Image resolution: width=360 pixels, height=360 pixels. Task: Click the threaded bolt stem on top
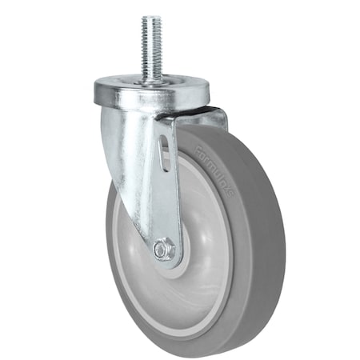(x=150, y=44)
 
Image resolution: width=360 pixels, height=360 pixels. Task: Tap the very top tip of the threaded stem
(x=150, y=17)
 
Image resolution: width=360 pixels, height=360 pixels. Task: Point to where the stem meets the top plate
(x=150, y=79)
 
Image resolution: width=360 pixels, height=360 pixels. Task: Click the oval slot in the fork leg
(x=164, y=151)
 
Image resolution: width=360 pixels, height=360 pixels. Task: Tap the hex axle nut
(x=163, y=250)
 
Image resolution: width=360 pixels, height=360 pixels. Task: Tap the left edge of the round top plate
(x=94, y=86)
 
